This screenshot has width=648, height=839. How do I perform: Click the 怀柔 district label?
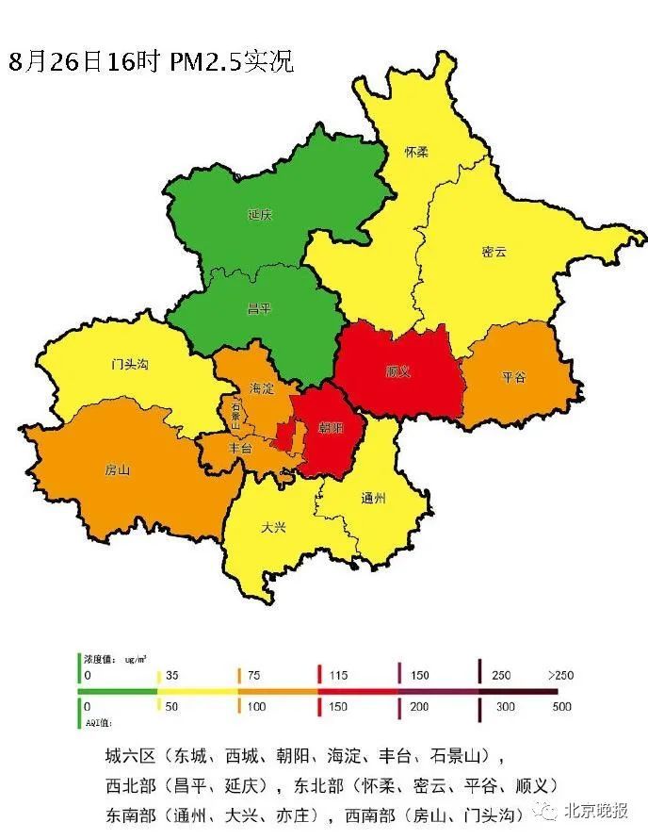[x=415, y=152]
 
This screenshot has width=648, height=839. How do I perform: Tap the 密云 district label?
[x=494, y=253]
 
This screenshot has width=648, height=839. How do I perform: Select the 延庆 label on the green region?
[x=260, y=215]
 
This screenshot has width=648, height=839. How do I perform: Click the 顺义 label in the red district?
[x=398, y=371]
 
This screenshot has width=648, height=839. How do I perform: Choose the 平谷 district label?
[x=513, y=377]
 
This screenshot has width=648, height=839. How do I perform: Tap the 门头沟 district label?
[x=130, y=364]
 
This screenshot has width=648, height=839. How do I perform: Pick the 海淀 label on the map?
[x=262, y=388]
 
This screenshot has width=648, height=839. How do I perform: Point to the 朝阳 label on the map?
[x=331, y=428]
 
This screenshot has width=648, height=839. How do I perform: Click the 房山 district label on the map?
[x=117, y=469]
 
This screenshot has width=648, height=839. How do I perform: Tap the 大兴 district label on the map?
[x=273, y=527]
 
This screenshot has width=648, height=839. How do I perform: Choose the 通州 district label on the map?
[x=374, y=498]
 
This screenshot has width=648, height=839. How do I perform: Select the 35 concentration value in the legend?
[x=172, y=676]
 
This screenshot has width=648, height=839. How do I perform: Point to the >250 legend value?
[x=559, y=676]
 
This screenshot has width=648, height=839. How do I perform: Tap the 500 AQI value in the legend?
[x=562, y=706]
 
